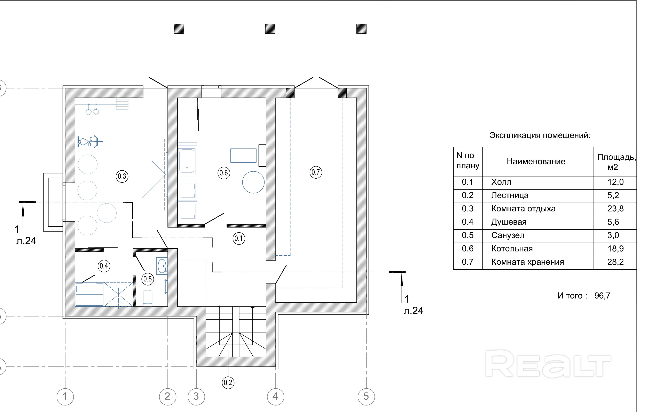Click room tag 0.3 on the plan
tap(122, 176)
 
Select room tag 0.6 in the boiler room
tap(224, 173)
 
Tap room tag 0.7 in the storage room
tap(316, 172)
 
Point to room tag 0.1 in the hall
tap(239, 238)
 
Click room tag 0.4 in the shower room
tap(104, 266)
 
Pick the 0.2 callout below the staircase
tap(228, 382)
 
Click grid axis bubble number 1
tap(65, 396)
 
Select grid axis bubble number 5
tap(366, 396)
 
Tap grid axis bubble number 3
tap(196, 396)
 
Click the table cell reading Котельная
tap(512, 249)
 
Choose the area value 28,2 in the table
tap(615, 262)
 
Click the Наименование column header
tap(536, 162)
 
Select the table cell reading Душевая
tap(509, 222)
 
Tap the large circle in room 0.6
tap(253, 182)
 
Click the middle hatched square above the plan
tap(270, 29)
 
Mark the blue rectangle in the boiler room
tap(243, 155)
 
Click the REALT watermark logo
tap(548, 364)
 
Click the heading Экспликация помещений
tap(540, 135)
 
